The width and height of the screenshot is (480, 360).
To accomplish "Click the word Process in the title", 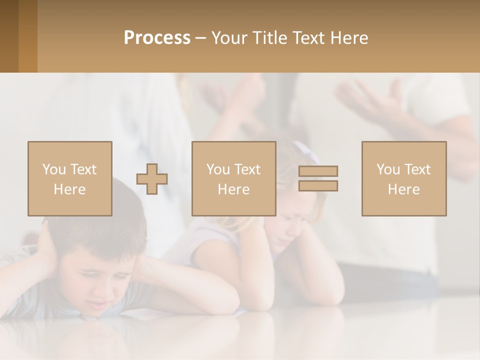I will point(157,38).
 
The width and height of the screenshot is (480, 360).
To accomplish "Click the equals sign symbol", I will point(318,178).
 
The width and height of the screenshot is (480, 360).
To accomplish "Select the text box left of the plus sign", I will point(70,178).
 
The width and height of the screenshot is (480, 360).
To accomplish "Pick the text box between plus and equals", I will point(233,178).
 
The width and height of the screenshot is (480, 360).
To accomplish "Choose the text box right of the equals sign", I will point(403,178).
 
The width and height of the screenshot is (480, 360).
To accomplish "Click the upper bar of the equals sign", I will point(318,171).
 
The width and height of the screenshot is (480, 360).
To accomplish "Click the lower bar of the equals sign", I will point(318,185).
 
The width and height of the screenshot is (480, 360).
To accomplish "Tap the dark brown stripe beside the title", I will point(9,36).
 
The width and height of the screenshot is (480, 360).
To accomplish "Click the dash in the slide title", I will point(201,38).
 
